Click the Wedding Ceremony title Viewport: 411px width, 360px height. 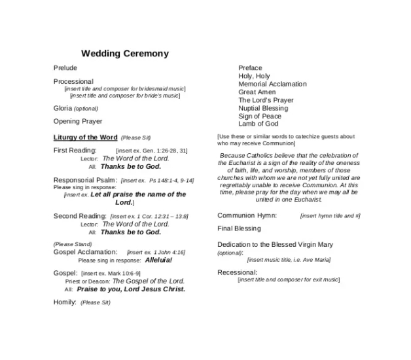click(124, 54)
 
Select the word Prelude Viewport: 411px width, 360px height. click(65, 68)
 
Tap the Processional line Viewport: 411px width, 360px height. click(73, 82)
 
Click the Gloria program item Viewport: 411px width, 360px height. click(63, 108)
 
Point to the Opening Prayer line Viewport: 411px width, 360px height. click(77, 121)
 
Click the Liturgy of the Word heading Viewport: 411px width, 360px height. click(85, 137)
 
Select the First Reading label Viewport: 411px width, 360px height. click(75, 151)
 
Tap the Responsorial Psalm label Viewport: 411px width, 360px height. click(85, 180)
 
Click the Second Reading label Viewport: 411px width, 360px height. click(80, 216)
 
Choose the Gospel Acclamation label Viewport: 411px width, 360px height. click(85, 252)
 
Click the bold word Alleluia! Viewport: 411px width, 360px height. click(158, 260)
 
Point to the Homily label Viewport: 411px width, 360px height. click(65, 302)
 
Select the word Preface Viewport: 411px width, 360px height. click(250, 68)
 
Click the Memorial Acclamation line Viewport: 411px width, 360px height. click(272, 84)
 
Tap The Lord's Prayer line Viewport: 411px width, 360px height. click(266, 100)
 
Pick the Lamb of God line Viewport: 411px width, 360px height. click(258, 124)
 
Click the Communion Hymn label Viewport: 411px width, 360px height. click(247, 215)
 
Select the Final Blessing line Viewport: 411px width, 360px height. click(239, 228)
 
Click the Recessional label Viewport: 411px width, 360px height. click(237, 272)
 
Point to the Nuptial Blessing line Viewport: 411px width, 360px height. click(262, 108)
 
